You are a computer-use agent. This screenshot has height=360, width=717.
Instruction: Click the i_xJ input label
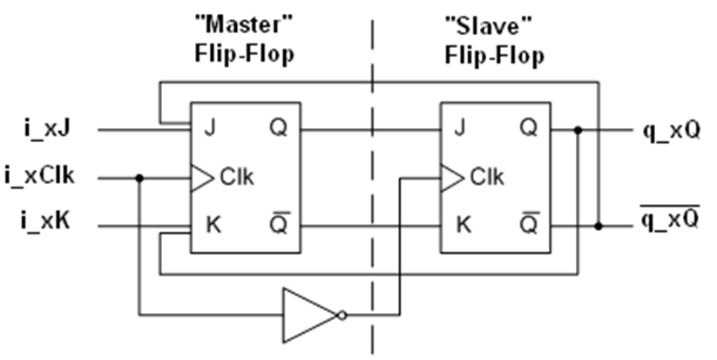(x=45, y=130)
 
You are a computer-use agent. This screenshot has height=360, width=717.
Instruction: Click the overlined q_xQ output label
(x=671, y=219)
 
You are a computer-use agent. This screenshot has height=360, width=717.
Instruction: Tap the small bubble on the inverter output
(x=343, y=315)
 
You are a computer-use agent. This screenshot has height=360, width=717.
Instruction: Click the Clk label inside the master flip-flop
(x=236, y=178)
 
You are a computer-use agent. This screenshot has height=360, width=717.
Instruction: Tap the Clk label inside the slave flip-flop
(x=486, y=178)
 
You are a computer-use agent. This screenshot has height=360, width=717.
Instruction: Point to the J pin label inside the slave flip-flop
(x=459, y=130)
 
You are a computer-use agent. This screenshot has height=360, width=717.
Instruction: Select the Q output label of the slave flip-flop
(x=528, y=130)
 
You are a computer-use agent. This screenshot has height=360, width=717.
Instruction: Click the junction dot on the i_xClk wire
(x=139, y=178)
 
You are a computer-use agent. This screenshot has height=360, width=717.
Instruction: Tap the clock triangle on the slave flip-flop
(x=451, y=178)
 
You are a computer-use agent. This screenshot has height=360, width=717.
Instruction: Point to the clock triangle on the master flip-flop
(x=201, y=178)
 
